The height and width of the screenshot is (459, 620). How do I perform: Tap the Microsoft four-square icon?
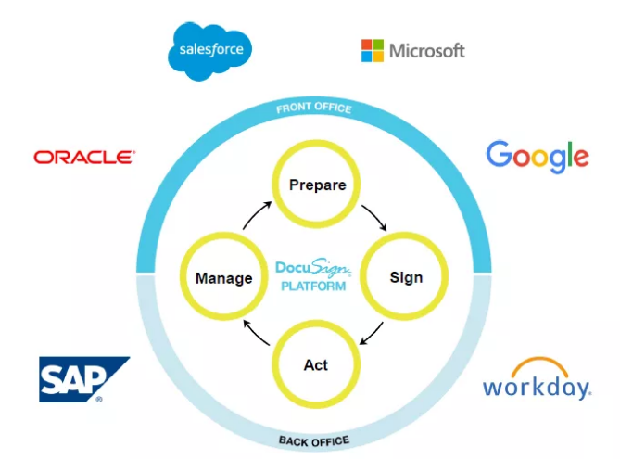(x=372, y=50)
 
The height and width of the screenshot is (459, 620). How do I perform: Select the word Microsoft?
(x=426, y=50)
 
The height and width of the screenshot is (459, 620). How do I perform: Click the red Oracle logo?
(x=84, y=158)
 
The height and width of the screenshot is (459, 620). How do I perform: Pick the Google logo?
(x=538, y=157)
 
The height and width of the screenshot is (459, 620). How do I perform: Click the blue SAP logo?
(x=82, y=379)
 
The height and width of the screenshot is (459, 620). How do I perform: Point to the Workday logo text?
(x=537, y=386)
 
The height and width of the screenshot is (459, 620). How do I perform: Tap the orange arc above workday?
(x=538, y=365)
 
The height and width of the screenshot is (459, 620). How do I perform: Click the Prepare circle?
(x=317, y=185)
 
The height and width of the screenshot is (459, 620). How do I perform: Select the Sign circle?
(x=405, y=276)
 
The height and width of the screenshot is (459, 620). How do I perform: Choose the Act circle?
(x=316, y=364)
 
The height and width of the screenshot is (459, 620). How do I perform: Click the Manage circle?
(x=223, y=277)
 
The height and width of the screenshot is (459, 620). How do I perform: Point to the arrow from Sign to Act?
(x=373, y=331)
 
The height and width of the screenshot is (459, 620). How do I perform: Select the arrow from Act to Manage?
(x=257, y=331)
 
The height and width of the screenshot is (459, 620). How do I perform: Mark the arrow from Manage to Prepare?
(x=257, y=220)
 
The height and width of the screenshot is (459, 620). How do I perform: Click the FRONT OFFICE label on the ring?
(x=314, y=108)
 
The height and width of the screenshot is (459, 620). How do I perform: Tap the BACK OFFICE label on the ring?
(x=314, y=440)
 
